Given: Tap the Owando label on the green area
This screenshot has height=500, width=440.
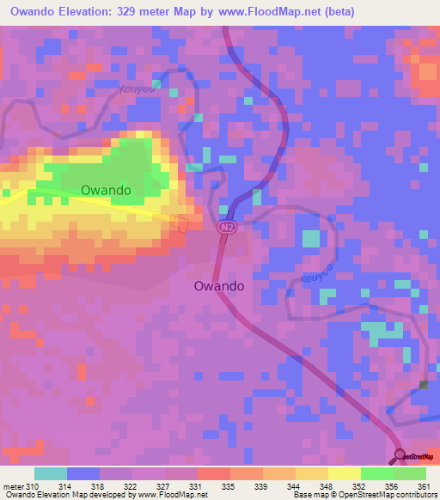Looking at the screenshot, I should (106, 190).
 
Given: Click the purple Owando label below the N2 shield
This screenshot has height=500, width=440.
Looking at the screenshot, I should (219, 286).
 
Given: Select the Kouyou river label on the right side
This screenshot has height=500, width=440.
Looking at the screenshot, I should (318, 272).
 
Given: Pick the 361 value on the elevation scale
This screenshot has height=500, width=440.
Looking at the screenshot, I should (424, 486).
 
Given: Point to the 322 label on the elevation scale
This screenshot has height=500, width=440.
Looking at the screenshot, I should (132, 486).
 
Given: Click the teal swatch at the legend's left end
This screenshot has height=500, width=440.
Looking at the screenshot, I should (51, 473).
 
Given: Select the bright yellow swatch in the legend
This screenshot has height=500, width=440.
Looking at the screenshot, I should (344, 473).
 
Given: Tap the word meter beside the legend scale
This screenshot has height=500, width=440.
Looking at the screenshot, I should (13, 486).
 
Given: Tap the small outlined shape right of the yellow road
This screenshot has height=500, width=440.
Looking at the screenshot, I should (181, 224).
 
